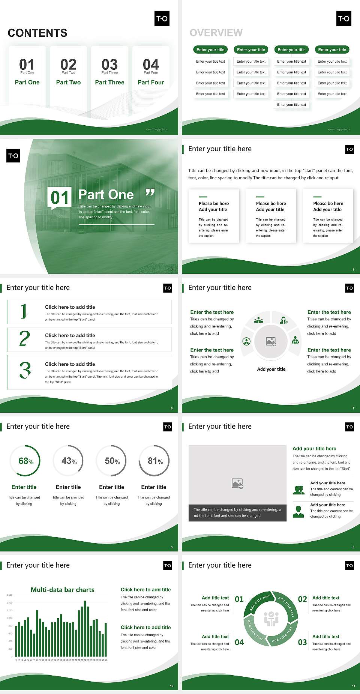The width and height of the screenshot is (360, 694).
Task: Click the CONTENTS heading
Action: [x=37, y=33]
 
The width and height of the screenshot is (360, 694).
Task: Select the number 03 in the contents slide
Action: [x=109, y=65]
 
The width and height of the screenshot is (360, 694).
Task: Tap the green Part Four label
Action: [x=151, y=82]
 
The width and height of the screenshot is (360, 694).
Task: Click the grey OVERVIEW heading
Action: [x=216, y=33]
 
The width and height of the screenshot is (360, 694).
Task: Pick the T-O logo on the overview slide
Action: [x=344, y=18]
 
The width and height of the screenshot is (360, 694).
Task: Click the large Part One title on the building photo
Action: [x=106, y=195]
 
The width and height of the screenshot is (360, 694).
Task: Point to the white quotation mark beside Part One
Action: [x=150, y=193]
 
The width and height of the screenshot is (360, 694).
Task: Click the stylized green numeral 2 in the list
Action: [x=24, y=339]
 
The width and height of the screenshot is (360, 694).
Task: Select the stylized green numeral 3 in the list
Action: [x=25, y=370]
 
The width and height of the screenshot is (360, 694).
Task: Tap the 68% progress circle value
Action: [x=26, y=461]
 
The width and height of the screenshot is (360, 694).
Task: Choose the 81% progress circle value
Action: [x=155, y=461]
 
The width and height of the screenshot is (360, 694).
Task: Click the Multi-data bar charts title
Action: [x=63, y=590]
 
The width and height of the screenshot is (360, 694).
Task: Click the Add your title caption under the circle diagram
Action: [x=271, y=369]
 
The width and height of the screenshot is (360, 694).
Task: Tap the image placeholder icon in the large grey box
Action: [x=238, y=484]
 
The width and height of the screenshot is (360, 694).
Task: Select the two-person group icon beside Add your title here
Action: [x=298, y=490]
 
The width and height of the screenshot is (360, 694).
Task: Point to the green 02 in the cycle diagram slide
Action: [x=302, y=599]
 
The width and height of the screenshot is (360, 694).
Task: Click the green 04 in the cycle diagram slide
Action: [x=239, y=642]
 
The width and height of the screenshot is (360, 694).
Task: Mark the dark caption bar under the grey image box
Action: [x=237, y=513]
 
